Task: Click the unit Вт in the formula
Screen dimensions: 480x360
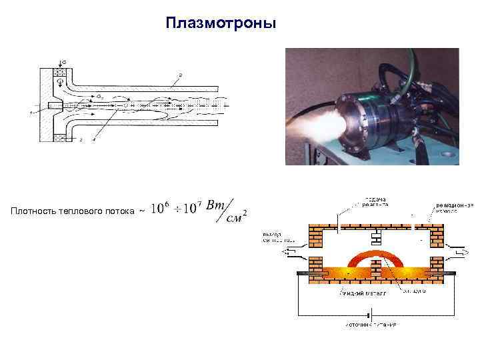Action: tap(217, 205)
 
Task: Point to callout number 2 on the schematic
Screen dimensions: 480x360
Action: tap(179, 75)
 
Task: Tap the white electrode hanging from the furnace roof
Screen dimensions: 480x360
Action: tap(377, 237)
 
